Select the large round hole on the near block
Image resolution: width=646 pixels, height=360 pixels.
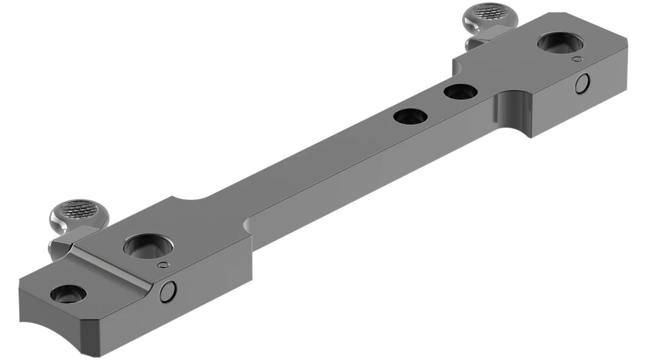tap(147, 246)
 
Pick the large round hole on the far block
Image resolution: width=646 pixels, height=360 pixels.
tap(558, 44)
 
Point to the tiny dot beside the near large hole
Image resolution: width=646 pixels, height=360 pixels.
tap(163, 265)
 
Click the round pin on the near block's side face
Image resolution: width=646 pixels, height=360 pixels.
tap(168, 290)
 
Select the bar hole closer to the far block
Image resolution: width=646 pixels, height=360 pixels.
tap(460, 92)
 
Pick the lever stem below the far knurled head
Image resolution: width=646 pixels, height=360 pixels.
tap(475, 40)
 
